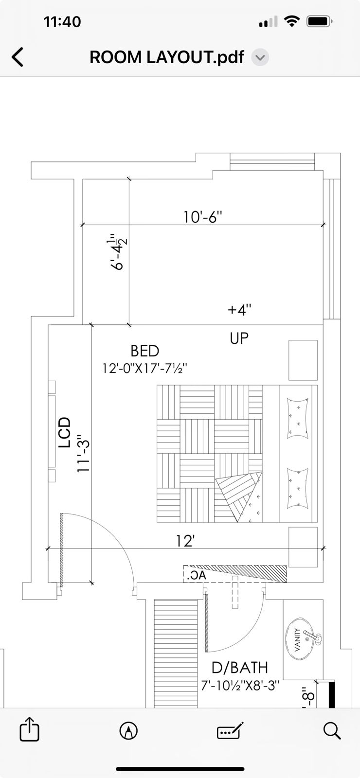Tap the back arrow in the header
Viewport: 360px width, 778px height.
tap(18, 57)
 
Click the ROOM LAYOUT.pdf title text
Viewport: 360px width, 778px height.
tap(167, 57)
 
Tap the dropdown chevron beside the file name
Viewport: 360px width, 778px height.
tap(260, 57)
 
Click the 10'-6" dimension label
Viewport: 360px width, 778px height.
tap(202, 217)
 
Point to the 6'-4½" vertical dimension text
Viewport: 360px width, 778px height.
tap(117, 252)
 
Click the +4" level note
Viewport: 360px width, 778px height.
tap(239, 309)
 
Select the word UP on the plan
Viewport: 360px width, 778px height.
tap(239, 338)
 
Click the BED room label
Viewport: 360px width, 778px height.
tap(145, 351)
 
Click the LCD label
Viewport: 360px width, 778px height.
tap(65, 432)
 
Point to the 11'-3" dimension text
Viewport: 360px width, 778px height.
tap(83, 453)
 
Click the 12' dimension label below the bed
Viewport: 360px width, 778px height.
tap(185, 541)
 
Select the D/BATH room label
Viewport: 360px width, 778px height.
tap(240, 668)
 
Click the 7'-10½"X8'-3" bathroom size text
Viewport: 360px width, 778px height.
tap(240, 685)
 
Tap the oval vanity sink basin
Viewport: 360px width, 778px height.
tap(300, 639)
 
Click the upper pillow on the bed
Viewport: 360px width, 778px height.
tap(298, 418)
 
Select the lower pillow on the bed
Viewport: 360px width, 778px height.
tap(298, 489)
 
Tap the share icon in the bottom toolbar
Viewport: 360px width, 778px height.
tap(29, 729)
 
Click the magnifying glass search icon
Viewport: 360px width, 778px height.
tap(332, 730)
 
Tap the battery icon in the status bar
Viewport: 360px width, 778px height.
tap(319, 21)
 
